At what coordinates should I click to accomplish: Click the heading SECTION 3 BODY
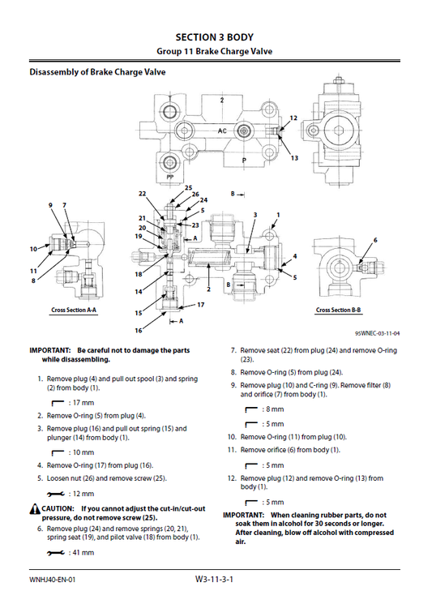tap(216, 36)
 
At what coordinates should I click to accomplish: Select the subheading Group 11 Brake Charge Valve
tap(216, 51)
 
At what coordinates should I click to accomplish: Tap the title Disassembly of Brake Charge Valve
tap(98, 72)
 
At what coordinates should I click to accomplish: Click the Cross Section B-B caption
tap(339, 310)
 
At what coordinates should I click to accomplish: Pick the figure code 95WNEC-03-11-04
tap(377, 332)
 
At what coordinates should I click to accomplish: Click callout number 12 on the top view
tap(293, 118)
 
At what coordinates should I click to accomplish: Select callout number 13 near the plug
tap(294, 158)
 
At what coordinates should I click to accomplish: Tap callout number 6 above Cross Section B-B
tap(374, 240)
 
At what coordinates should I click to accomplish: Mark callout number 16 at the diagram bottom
tap(139, 331)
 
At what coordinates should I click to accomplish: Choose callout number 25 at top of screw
tap(188, 188)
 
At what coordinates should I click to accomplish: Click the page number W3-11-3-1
tap(215, 580)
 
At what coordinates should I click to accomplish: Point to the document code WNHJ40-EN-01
tap(53, 580)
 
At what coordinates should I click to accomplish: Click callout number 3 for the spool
tap(254, 215)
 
